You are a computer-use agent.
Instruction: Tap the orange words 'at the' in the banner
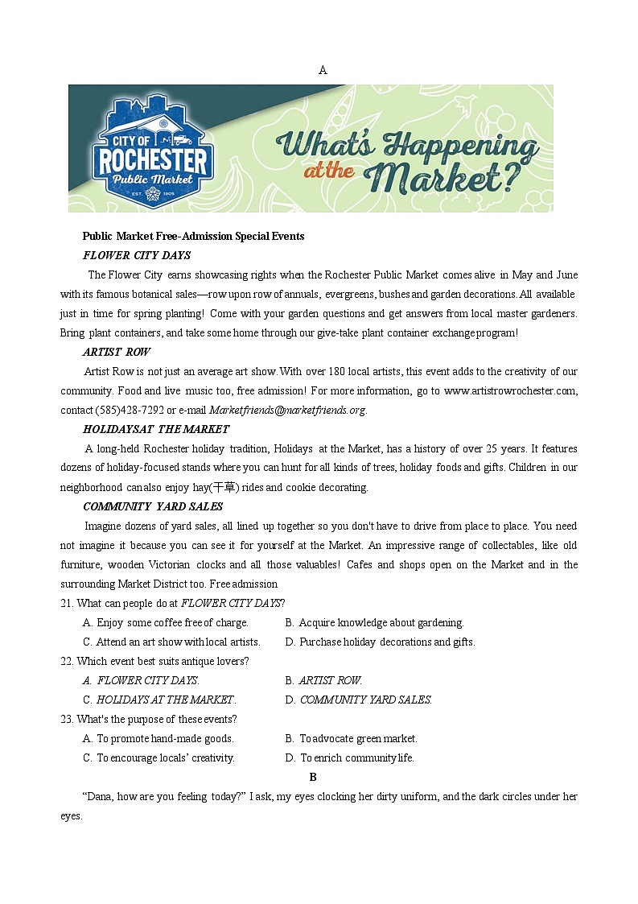point(329,170)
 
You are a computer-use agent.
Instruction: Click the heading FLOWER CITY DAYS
point(137,255)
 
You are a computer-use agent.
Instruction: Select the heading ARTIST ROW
point(116,352)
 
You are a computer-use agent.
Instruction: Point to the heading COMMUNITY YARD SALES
point(153,506)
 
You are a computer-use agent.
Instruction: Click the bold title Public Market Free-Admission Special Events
point(193,236)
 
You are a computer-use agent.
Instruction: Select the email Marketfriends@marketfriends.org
point(287,410)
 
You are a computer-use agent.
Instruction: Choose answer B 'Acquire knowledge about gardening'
point(374,622)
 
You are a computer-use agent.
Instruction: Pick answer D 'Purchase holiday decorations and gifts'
point(380,642)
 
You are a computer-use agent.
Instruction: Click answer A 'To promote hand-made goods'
point(158,738)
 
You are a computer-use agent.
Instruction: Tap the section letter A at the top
point(323,70)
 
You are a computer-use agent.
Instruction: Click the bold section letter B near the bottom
point(313,777)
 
